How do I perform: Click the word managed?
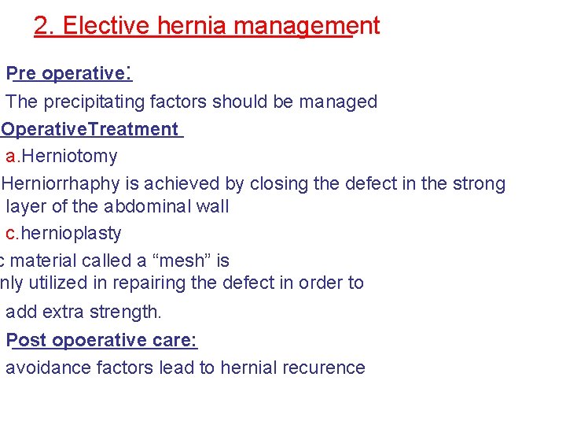(342, 102)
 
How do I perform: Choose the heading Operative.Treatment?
(91, 129)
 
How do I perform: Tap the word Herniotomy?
(69, 156)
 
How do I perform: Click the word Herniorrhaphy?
(60, 183)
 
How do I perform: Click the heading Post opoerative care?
(102, 340)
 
